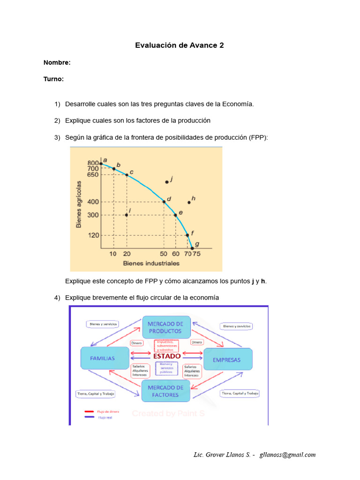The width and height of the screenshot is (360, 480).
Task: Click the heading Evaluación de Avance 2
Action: (180, 45)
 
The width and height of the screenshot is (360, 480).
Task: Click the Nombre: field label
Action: (57, 62)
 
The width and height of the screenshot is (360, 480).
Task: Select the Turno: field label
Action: (53, 79)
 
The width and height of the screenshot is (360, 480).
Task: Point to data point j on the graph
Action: (167, 182)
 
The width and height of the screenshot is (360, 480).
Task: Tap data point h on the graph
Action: (189, 202)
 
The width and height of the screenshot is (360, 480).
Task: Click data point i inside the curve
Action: (127, 215)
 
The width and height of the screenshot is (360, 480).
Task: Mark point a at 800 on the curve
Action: (101, 164)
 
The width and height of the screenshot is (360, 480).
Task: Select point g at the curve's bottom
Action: (192, 248)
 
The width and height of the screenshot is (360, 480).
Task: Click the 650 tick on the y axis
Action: (93, 175)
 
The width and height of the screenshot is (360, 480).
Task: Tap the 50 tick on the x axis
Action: (164, 254)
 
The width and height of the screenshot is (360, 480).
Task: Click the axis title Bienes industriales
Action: (151, 263)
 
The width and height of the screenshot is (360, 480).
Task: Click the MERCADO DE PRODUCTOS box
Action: (166, 327)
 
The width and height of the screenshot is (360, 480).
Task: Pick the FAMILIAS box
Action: (105, 359)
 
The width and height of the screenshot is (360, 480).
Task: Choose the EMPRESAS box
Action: (228, 360)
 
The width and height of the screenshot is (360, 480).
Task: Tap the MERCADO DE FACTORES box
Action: (166, 391)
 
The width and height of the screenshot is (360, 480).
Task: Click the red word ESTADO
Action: (166, 356)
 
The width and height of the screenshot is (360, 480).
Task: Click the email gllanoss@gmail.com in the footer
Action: (288, 454)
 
